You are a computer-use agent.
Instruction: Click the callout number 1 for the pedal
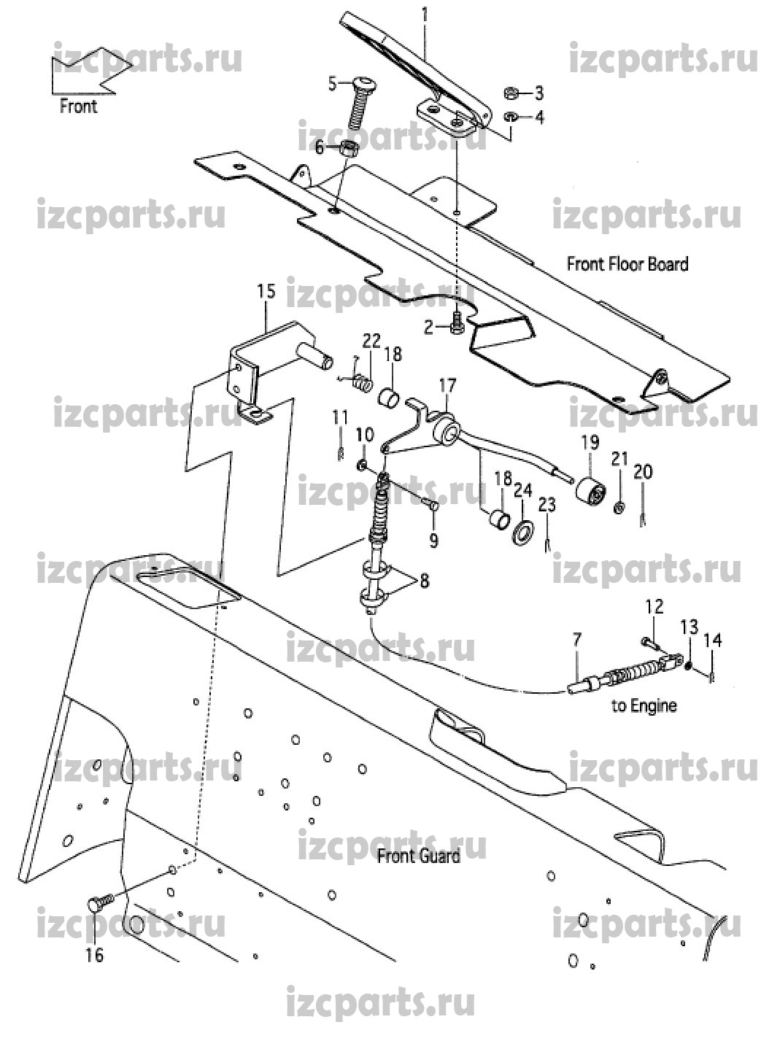pos(424,12)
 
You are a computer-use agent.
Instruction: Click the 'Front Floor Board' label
pos(628,263)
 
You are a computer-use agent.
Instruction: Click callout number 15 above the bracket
pos(266,293)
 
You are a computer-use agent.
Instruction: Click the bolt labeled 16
pos(97,903)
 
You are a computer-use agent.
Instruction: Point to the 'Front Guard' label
pos(418,856)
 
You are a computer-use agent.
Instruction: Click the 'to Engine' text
pos(644,705)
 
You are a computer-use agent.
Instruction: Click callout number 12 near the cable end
pos(653,606)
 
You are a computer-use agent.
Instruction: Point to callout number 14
pos(712,640)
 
